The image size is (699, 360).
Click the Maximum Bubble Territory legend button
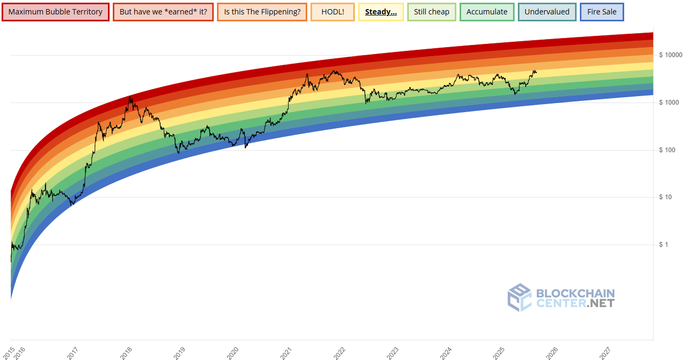(x=56, y=12)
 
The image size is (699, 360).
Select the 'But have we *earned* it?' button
(x=163, y=12)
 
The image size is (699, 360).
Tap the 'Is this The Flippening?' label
(x=262, y=12)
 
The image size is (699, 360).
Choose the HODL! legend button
(x=332, y=12)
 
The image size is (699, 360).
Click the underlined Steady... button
(x=380, y=12)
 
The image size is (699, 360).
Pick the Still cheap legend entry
(x=432, y=12)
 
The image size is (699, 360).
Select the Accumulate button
(x=487, y=12)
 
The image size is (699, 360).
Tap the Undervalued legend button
(x=547, y=12)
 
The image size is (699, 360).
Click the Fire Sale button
(x=602, y=12)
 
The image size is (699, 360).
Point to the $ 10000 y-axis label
(x=671, y=55)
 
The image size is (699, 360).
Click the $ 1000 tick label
(x=669, y=103)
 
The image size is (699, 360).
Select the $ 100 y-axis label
(x=668, y=150)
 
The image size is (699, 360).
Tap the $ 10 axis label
(x=666, y=198)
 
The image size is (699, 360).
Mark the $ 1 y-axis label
(x=664, y=245)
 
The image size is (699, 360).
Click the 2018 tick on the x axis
(x=126, y=352)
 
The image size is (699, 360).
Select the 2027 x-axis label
(x=605, y=352)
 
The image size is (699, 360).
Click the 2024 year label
(x=446, y=352)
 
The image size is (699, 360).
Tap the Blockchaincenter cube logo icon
(x=519, y=298)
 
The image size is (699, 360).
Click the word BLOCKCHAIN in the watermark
(x=575, y=293)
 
